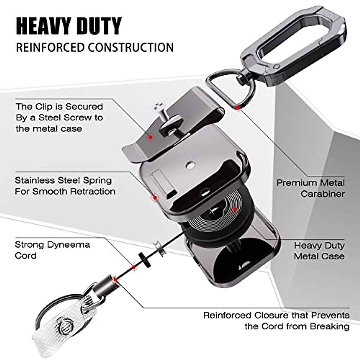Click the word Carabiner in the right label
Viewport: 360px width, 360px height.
pos(322,194)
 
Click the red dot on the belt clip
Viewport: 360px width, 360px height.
pos(151,137)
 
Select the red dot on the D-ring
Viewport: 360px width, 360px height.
pos(238,107)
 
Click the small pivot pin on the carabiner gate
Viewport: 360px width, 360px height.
pos(278,66)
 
